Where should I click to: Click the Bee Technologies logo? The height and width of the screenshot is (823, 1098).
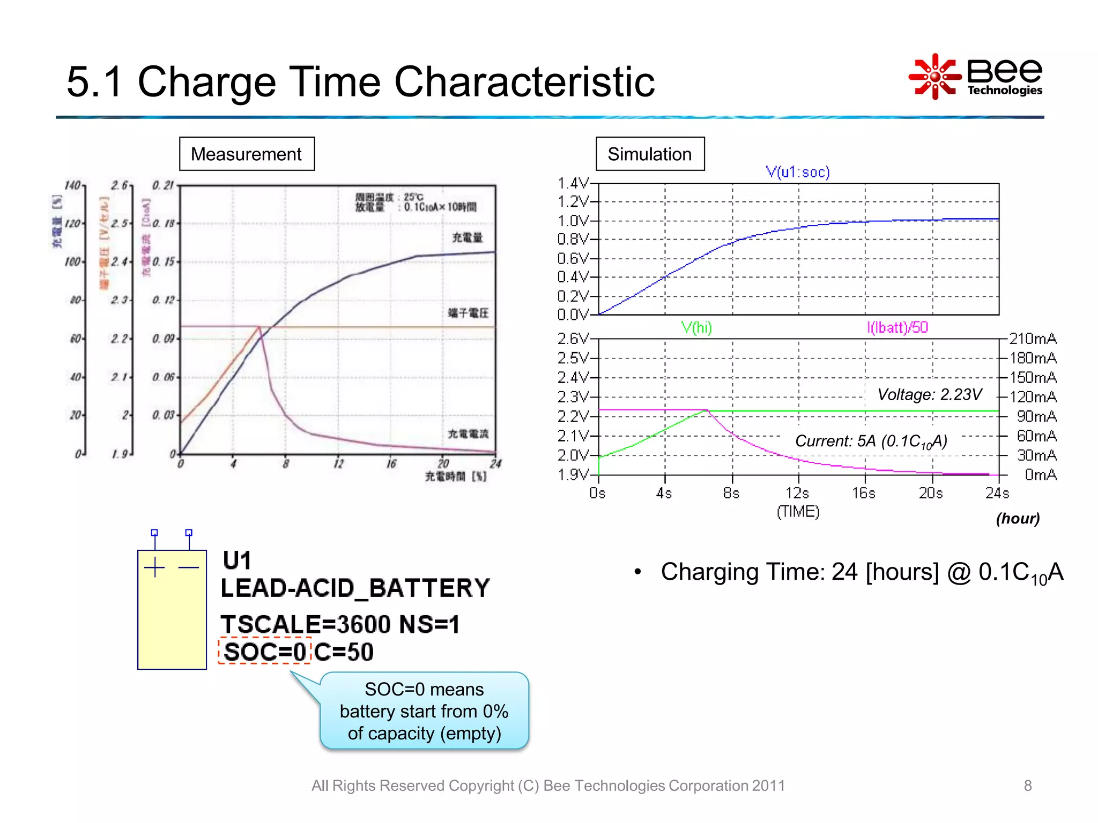point(976,77)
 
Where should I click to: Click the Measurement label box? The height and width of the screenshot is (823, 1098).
point(247,154)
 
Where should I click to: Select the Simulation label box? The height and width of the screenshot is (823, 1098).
point(650,154)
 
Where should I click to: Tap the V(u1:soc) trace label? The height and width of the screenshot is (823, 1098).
point(798,172)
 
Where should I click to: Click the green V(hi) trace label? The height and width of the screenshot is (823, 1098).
point(696,327)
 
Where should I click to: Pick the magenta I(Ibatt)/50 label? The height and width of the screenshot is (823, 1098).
point(897,327)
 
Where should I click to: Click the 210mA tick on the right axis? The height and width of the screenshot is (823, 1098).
point(1033,339)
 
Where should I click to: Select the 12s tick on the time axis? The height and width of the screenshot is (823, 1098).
point(797,493)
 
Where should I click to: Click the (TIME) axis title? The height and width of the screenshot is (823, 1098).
point(798,512)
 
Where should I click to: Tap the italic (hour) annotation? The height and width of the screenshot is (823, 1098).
point(1018,519)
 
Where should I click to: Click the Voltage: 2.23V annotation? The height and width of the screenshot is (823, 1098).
point(930,395)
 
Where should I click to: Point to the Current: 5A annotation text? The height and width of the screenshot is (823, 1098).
point(871,442)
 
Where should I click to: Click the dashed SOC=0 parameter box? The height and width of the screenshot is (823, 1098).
point(265,652)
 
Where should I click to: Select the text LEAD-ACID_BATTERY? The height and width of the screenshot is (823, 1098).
point(355,588)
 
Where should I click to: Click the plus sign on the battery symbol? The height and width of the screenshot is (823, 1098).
point(154,567)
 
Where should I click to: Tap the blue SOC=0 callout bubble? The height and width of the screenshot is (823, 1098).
point(424,711)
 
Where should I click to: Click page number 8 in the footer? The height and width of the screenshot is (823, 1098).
point(1027,785)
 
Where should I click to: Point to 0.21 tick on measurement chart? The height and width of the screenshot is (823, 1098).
point(163,185)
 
